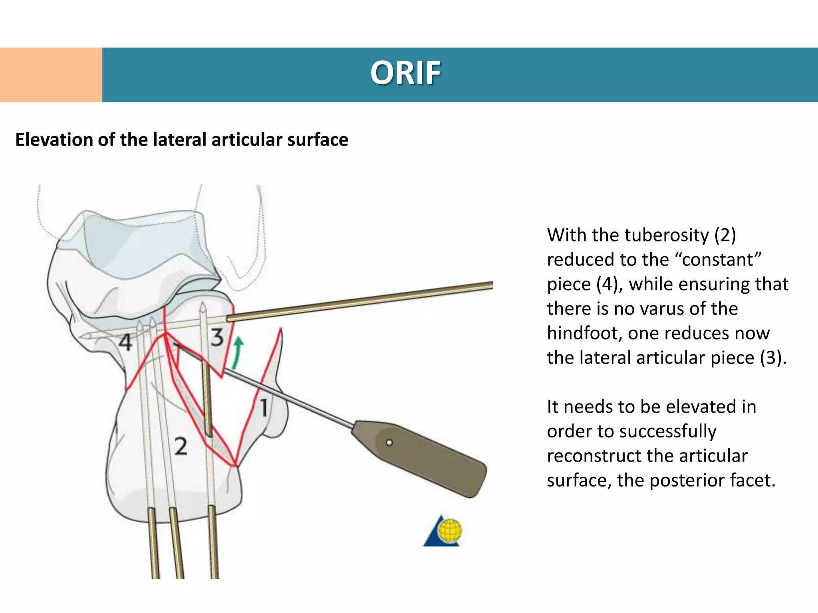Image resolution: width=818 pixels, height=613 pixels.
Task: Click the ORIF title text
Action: point(405,73)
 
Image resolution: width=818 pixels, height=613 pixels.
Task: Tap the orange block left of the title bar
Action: point(51,75)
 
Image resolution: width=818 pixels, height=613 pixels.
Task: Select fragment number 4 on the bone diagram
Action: point(125,342)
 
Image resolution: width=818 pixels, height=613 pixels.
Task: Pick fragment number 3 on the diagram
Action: point(217,338)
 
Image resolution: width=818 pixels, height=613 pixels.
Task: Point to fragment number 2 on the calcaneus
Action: point(181,447)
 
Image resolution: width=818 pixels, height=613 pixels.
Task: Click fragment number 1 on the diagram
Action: point(264,408)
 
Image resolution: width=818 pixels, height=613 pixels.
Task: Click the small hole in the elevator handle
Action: point(389,443)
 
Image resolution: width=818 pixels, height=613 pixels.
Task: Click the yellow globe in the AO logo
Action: point(450,531)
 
